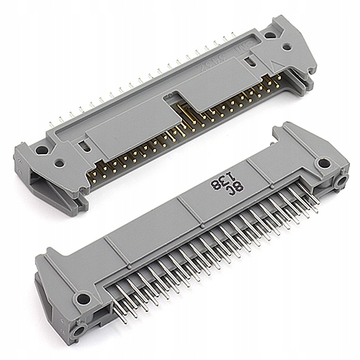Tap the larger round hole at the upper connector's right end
[269, 34]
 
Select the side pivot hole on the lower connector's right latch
[338, 183]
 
